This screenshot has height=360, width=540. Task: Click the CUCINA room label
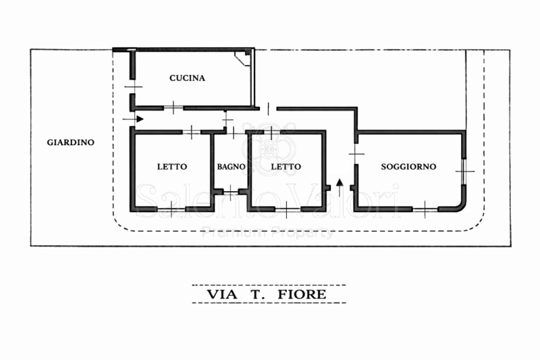click(187, 78)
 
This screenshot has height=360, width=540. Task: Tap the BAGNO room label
click(231, 167)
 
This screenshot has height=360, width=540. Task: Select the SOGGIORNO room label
click(408, 167)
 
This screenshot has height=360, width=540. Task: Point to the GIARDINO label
click(71, 143)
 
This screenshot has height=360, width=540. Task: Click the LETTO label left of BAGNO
click(172, 167)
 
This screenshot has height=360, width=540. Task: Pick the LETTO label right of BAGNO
click(286, 167)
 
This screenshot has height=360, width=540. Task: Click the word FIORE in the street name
click(302, 294)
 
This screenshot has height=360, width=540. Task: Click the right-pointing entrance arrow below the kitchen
click(133, 119)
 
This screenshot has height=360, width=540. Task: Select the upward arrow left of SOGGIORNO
click(340, 187)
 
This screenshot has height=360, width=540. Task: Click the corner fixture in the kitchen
click(243, 58)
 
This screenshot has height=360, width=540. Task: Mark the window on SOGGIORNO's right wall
click(464, 171)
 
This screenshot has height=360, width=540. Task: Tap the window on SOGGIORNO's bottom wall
click(425, 209)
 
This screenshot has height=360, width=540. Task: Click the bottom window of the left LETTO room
click(171, 209)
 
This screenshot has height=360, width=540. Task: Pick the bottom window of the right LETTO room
click(288, 209)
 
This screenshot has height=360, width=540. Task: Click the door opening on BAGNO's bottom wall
click(230, 192)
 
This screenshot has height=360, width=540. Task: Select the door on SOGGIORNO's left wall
click(356, 154)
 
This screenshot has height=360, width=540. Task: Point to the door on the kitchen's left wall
click(132, 87)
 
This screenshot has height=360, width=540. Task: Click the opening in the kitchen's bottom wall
click(173, 108)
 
